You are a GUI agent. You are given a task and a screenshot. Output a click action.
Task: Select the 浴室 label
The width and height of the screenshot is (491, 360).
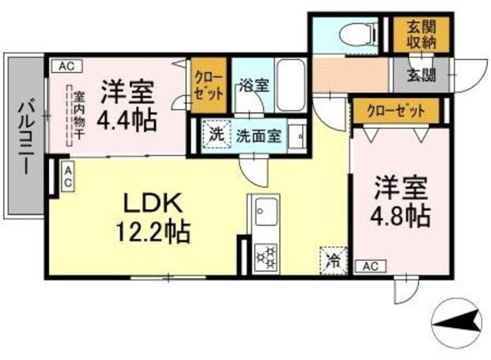coord(253,85)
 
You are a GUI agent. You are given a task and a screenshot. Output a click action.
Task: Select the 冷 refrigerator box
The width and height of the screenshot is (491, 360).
coord(332,258)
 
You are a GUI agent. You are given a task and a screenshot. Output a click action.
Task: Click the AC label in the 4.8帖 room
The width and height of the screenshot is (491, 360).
coord(370,266)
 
